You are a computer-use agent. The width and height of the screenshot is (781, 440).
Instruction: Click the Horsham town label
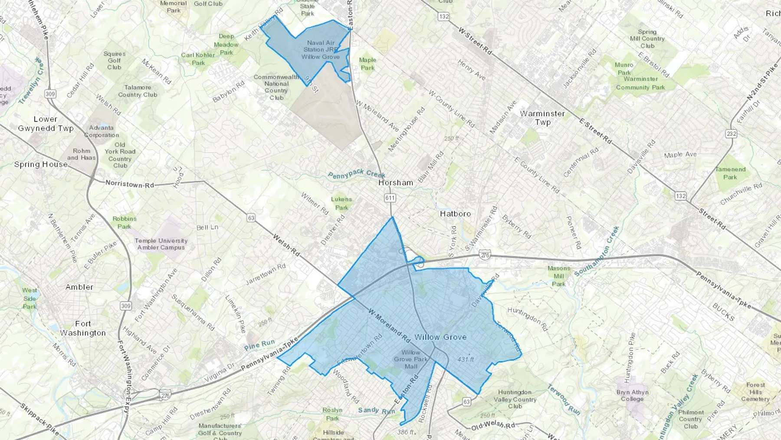(x=395, y=183)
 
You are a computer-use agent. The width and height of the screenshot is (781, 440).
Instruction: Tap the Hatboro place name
(x=455, y=214)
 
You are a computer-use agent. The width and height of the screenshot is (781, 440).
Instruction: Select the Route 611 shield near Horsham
(x=390, y=198)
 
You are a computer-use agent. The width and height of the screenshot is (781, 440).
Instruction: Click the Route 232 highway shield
(x=731, y=133)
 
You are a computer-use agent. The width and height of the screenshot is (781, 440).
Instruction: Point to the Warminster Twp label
(x=542, y=118)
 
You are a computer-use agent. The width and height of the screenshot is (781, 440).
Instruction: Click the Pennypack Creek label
(x=356, y=175)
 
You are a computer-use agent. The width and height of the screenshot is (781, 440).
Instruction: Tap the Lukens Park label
(x=341, y=203)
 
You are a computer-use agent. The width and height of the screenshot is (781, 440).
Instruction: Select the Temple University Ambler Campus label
(x=161, y=244)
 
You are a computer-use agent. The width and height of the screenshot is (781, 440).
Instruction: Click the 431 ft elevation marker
(x=466, y=360)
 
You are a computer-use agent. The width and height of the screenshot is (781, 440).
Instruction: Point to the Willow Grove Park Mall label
(x=410, y=359)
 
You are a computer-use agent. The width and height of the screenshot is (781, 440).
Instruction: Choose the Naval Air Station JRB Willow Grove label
(x=321, y=50)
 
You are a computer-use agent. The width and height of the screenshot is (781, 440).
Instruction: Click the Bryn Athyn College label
(x=632, y=395)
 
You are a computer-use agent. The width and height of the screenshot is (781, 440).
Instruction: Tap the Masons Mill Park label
(x=558, y=276)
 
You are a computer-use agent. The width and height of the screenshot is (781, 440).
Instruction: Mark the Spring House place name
(x=41, y=165)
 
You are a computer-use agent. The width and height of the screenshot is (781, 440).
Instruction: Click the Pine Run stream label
(x=259, y=345)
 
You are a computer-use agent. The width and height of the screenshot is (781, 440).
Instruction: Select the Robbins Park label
(x=124, y=222)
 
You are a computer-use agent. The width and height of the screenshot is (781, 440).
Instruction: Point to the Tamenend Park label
(x=730, y=173)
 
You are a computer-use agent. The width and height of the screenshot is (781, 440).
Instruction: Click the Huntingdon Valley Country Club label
(x=515, y=399)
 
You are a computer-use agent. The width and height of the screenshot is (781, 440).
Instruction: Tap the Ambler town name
(x=79, y=287)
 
